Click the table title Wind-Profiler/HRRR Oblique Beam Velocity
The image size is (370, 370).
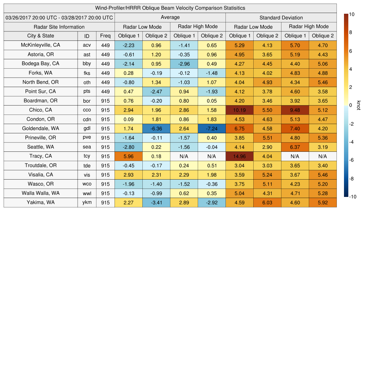[x=170, y=8]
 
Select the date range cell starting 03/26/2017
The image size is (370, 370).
[x=59, y=17]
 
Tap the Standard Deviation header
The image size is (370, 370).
[x=281, y=18]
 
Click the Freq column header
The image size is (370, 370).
[x=105, y=36]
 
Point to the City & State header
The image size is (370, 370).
[x=40, y=36]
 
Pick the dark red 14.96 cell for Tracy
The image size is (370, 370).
[x=239, y=156]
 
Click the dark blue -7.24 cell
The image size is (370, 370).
[x=212, y=128]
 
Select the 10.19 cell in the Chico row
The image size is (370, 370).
[x=239, y=110]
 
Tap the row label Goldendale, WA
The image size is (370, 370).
[x=40, y=128]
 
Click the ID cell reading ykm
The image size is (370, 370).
[x=87, y=202]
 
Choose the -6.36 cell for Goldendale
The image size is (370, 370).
[x=156, y=128]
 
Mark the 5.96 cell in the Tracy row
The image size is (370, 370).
[x=128, y=156]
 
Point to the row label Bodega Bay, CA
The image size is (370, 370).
[x=40, y=64]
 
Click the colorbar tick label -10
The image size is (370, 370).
[x=353, y=197]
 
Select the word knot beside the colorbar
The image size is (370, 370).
[x=358, y=105]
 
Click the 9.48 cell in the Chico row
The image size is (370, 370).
[x=295, y=110]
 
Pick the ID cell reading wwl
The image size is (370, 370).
[x=87, y=193]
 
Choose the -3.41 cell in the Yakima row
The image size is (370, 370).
[x=156, y=202]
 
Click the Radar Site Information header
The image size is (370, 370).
[x=59, y=27]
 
